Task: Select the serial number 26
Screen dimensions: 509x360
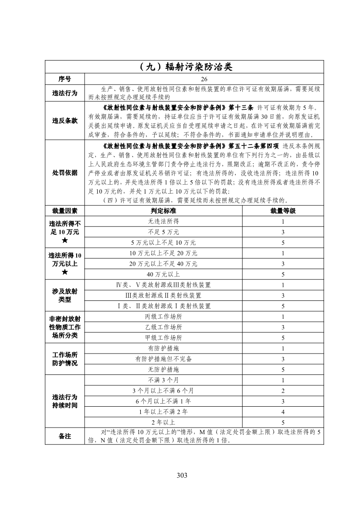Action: [x=204, y=79]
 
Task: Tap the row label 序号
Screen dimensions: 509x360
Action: [x=65, y=79]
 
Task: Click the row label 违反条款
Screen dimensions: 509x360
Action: [x=65, y=121]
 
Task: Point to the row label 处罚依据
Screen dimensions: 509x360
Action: [x=65, y=173]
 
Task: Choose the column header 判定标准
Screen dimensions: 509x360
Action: [x=163, y=211]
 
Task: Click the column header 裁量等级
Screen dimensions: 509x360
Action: [x=283, y=211]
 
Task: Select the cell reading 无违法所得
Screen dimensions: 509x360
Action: [x=163, y=221]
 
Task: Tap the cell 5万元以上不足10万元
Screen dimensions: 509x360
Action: [x=163, y=243]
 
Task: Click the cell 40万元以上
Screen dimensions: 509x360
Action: [x=163, y=274]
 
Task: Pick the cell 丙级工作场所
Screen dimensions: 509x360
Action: [x=163, y=317]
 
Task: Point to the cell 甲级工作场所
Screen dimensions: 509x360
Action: [x=163, y=338]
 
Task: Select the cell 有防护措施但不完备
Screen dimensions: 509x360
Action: [x=163, y=359]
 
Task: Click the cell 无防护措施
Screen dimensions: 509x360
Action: [x=163, y=370]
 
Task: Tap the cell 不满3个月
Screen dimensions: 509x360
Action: [x=163, y=380]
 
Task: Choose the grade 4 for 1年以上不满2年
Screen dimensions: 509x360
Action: [x=283, y=411]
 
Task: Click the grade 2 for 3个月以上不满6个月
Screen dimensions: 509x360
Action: [x=283, y=391]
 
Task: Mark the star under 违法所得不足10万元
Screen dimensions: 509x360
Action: [x=65, y=241]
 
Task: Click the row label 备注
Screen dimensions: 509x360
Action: [x=65, y=436]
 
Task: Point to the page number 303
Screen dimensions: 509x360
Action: [x=182, y=475]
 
